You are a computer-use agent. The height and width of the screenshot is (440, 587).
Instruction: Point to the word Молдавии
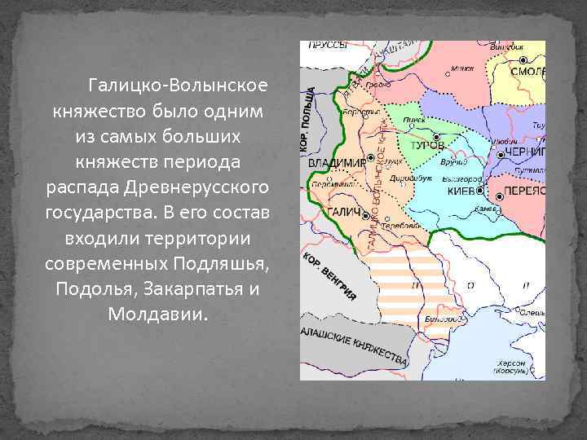tap(158, 314)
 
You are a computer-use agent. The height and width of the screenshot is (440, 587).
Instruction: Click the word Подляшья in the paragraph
tap(222, 267)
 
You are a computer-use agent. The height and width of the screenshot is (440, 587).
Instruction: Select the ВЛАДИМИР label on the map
tap(336, 162)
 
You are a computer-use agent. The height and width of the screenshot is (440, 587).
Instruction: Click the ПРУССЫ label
tap(328, 46)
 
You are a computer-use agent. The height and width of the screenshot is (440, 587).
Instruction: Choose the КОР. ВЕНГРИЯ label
tap(330, 278)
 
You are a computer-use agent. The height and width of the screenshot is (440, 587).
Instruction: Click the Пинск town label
tap(414, 120)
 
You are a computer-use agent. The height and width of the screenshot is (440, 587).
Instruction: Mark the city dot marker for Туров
tap(437, 136)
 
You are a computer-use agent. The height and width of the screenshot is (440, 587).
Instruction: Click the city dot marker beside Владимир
tap(370, 156)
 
